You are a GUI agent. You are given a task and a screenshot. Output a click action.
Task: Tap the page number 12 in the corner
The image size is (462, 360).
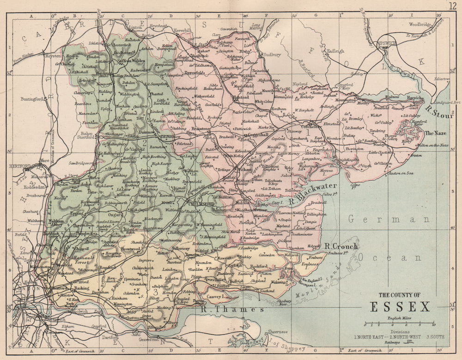452,6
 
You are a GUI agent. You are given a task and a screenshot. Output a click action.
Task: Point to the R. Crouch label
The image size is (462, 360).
340,247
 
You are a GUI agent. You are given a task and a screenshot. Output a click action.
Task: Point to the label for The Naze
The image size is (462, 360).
433,133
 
